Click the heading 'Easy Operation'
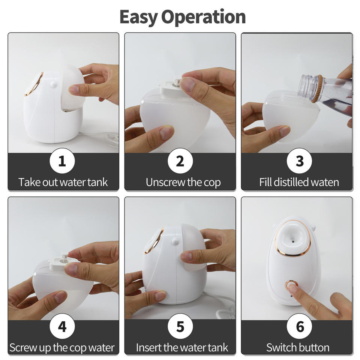pyautogui.click(x=183, y=17)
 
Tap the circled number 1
pyautogui.click(x=62, y=161)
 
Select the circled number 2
pyautogui.click(x=180, y=161)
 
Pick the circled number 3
pyautogui.click(x=299, y=161)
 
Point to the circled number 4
pyautogui.click(x=62, y=326)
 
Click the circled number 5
pyautogui.click(x=180, y=326)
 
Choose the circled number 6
pyautogui.click(x=299, y=326)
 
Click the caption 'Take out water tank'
pyautogui.click(x=63, y=182)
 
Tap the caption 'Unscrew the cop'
pyautogui.click(x=183, y=183)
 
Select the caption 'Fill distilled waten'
pyautogui.click(x=299, y=182)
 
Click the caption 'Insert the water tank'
pyautogui.click(x=182, y=348)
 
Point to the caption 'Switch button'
pyautogui.click(x=298, y=348)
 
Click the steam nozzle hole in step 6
pyautogui.click(x=293, y=241)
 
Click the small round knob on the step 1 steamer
pyautogui.click(x=54, y=84)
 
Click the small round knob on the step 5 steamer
pyautogui.click(x=175, y=241)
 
